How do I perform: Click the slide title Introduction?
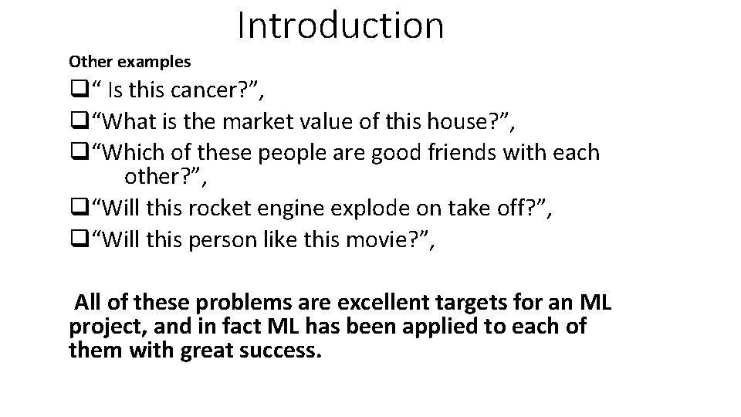(x=340, y=25)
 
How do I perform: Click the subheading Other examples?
(x=130, y=60)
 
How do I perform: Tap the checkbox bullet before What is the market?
(x=76, y=122)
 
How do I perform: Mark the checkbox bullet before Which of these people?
(x=76, y=153)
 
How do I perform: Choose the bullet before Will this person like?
(x=76, y=241)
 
